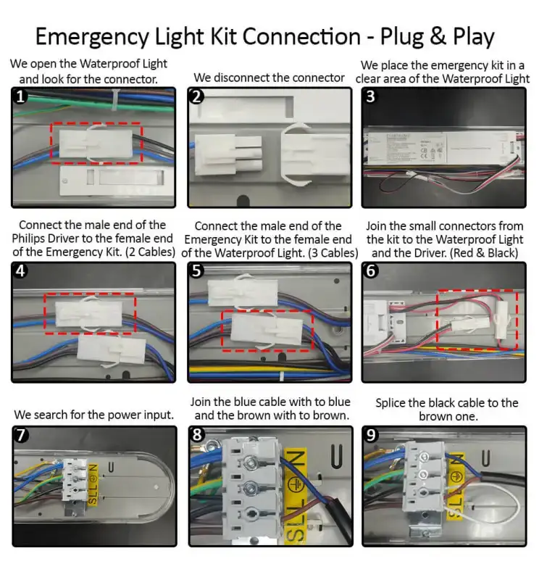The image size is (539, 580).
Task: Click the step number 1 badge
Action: [x=21, y=97]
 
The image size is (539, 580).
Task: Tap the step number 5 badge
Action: [x=197, y=271]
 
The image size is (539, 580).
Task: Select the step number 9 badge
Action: [x=372, y=435]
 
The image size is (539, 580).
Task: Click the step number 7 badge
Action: [x=21, y=435]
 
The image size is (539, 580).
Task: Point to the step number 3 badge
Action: [x=371, y=97]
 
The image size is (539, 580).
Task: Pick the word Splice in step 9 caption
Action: [x=393, y=402]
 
